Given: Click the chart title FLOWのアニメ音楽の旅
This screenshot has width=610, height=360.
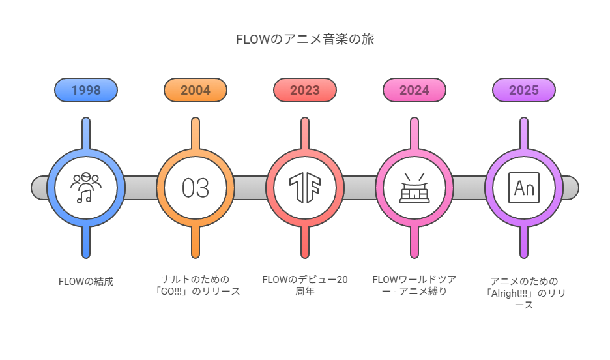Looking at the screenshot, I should click(304, 39).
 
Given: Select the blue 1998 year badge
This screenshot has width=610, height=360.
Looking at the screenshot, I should click(86, 90).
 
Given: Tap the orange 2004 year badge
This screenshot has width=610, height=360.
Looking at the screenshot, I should click(196, 90).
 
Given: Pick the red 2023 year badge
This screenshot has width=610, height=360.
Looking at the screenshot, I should click(305, 90).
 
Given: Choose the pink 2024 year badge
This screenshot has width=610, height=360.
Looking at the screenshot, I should click(414, 90).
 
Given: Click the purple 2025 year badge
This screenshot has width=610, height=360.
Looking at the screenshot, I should click(524, 90).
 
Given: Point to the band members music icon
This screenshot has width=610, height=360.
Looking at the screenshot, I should click(86, 188).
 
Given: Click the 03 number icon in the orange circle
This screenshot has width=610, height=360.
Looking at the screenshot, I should click(196, 188).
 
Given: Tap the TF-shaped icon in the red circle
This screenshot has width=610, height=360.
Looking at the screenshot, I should click(305, 188).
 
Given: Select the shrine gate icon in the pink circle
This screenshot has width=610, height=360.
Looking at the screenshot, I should click(414, 188).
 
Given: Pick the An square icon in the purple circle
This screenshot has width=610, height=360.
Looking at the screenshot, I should click(524, 188).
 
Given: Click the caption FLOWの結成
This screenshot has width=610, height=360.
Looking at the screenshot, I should click(86, 282).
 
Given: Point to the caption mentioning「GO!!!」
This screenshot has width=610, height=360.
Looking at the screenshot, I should click(196, 286).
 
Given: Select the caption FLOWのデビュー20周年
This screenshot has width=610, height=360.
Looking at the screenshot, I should click(305, 286).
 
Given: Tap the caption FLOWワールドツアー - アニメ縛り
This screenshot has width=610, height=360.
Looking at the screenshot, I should click(414, 286).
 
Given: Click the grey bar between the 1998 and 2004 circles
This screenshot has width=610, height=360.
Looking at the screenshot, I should click(141, 188).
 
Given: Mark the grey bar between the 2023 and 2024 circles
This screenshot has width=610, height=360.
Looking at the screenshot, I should click(360, 188).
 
